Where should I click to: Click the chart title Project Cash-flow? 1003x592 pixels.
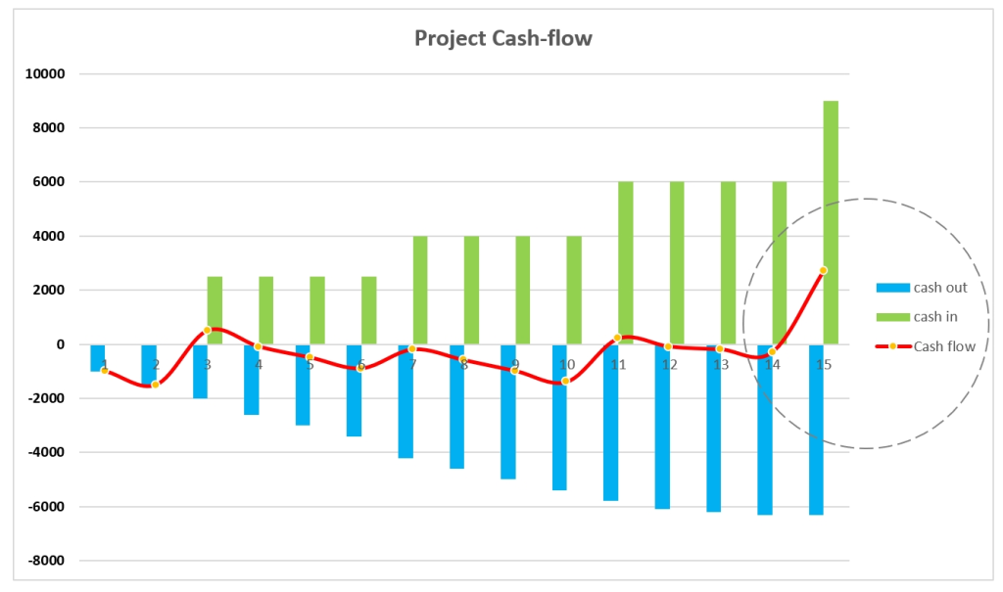502,38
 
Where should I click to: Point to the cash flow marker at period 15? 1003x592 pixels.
823,270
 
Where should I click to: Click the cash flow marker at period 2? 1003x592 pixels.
156,385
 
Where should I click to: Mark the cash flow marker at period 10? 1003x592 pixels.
565,381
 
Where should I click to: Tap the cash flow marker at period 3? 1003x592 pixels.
207,331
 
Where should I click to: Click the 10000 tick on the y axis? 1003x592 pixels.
44,74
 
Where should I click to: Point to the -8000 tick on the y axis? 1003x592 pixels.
44,561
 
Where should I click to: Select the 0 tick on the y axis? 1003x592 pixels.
59,344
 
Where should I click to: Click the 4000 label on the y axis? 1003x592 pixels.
47,237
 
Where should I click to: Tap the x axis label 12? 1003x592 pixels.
669,365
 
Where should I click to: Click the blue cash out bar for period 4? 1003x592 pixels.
252,387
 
